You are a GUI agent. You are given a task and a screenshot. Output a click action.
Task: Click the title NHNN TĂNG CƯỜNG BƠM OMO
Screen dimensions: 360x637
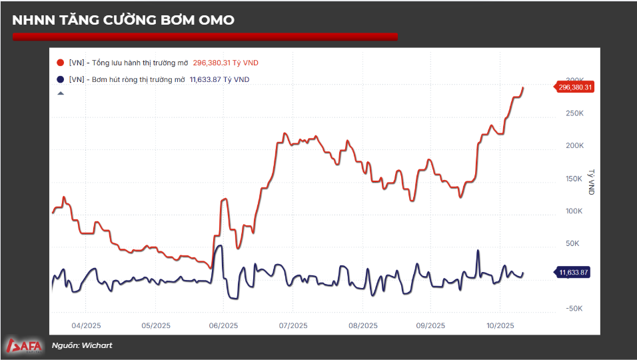click(123, 21)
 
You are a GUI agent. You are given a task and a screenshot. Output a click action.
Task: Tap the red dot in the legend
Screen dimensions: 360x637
click(61, 63)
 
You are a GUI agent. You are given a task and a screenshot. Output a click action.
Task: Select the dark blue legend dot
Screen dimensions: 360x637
click(61, 79)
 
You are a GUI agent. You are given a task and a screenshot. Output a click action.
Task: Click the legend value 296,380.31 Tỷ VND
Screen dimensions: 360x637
click(225, 63)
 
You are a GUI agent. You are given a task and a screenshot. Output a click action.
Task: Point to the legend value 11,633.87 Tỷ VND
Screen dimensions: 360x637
click(220, 79)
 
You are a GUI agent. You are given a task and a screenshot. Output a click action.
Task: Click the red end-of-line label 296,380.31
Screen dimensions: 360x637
click(575, 87)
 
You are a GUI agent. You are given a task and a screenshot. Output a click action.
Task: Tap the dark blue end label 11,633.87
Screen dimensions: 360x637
click(575, 272)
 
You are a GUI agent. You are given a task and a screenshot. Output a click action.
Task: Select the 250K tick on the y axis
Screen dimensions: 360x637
click(574, 113)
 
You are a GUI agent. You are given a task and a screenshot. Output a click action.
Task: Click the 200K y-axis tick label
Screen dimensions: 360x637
click(574, 145)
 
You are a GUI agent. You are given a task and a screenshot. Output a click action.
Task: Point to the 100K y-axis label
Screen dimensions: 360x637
click(574, 211)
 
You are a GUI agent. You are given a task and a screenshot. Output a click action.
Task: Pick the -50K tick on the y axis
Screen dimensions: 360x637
click(574, 309)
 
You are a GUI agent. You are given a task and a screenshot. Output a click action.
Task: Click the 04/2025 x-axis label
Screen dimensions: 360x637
click(85, 326)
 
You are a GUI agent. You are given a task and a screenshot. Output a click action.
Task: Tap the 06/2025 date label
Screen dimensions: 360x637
click(223, 326)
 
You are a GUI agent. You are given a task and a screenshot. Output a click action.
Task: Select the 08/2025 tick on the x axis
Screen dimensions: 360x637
click(362, 326)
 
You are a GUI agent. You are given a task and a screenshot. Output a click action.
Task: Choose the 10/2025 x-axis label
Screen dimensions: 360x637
click(500, 326)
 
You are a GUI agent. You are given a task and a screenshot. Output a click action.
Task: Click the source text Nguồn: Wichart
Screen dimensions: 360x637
click(82, 345)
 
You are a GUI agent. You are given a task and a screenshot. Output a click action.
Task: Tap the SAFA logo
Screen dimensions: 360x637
click(24, 345)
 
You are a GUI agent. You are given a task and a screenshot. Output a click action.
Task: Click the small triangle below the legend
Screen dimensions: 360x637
click(61, 93)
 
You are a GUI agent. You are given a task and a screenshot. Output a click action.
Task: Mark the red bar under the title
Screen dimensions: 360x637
click(205, 37)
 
